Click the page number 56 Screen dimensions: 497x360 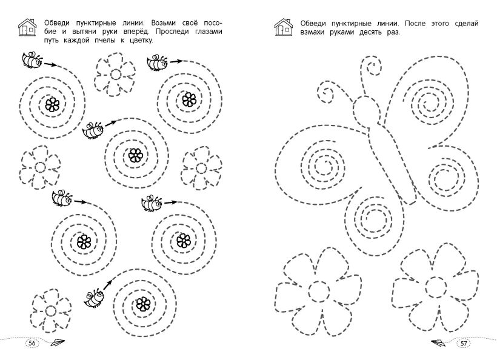pyautogui.click(x=32, y=343)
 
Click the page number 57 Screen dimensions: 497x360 pyautogui.click(x=464, y=344)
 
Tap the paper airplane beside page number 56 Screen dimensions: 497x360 pyautogui.click(x=58, y=343)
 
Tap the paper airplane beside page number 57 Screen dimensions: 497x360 pyautogui.click(x=438, y=342)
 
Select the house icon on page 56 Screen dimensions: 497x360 pyautogui.click(x=28, y=27)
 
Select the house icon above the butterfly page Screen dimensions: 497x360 pyautogui.click(x=284, y=27)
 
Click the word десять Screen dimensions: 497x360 pyautogui.click(x=371, y=32)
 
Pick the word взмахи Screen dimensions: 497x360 pyautogui.click(x=313, y=32)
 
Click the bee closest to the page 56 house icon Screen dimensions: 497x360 pyautogui.click(x=32, y=59)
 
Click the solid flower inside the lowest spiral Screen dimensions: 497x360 pyautogui.click(x=143, y=304)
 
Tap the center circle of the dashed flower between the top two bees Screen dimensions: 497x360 pyautogui.click(x=115, y=75)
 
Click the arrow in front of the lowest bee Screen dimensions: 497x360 pyautogui.click(x=108, y=284)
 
